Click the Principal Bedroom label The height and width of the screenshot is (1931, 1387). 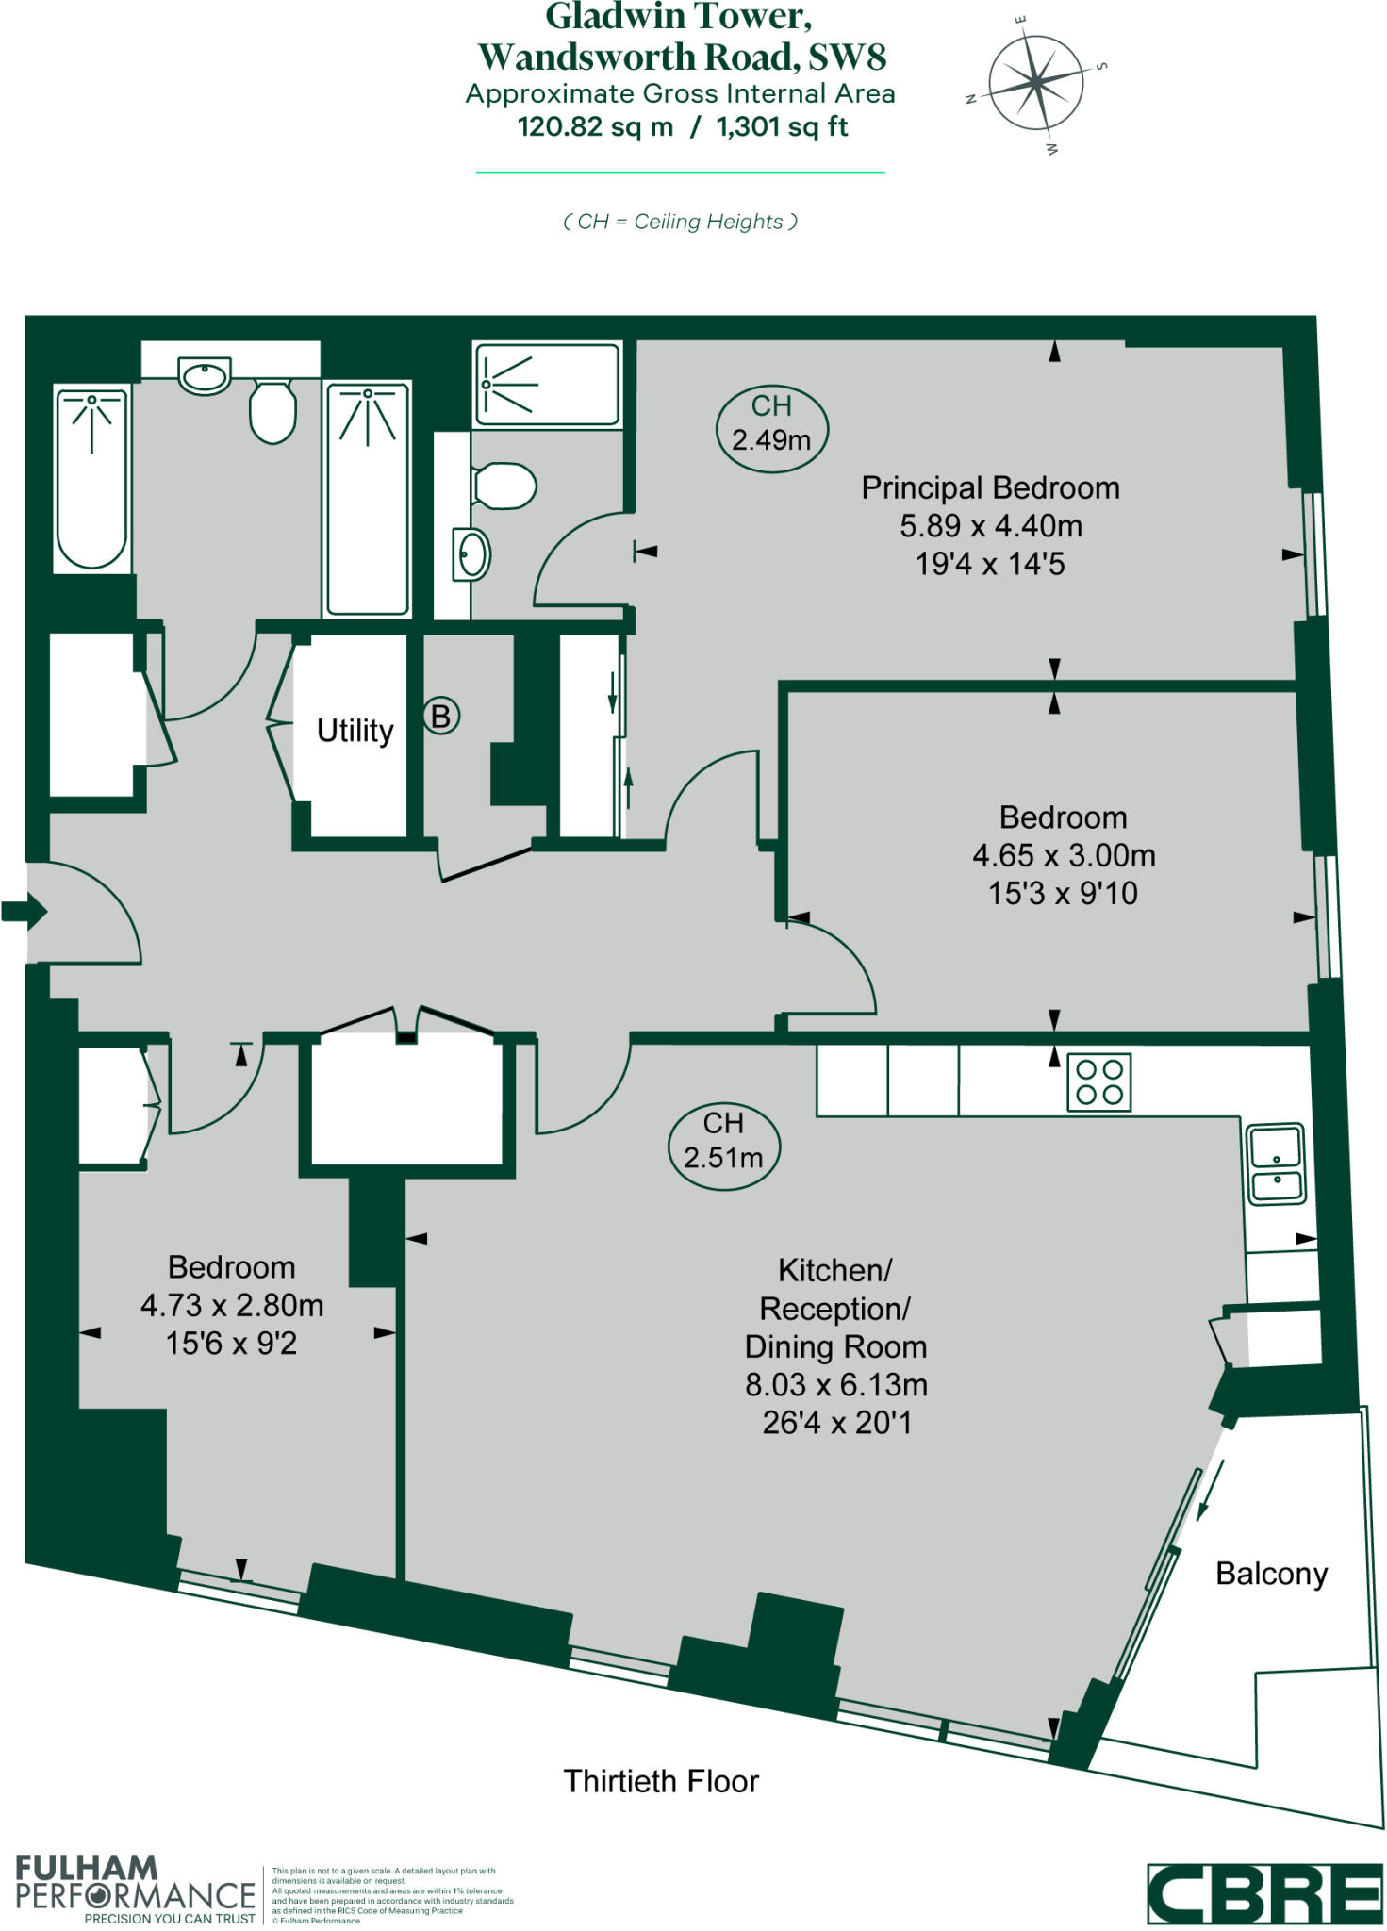(x=990, y=487)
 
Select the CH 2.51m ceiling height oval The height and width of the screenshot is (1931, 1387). (x=723, y=1140)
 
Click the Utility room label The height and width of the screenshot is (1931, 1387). (x=355, y=731)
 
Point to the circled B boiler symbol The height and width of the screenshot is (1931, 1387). (x=440, y=716)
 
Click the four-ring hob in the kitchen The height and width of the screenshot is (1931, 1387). (x=1098, y=1081)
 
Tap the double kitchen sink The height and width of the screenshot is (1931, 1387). (x=1276, y=1164)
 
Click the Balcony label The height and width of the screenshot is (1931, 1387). (x=1271, y=1574)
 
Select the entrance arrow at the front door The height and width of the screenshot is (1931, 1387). (x=24, y=911)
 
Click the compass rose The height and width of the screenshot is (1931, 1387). (x=1035, y=84)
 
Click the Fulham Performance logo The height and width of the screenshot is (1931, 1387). (x=134, y=1889)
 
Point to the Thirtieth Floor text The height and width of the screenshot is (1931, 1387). (x=661, y=1781)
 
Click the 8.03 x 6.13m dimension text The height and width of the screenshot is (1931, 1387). (x=836, y=1384)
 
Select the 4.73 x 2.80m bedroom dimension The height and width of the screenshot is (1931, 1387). (x=232, y=1305)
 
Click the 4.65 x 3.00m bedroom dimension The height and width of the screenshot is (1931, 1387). (x=1064, y=855)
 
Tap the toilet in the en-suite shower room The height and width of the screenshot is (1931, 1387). (x=504, y=486)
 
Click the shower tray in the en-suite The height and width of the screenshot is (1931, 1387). (x=547, y=384)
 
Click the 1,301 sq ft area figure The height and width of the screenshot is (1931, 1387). (x=782, y=127)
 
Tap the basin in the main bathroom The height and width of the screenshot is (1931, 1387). (x=206, y=377)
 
